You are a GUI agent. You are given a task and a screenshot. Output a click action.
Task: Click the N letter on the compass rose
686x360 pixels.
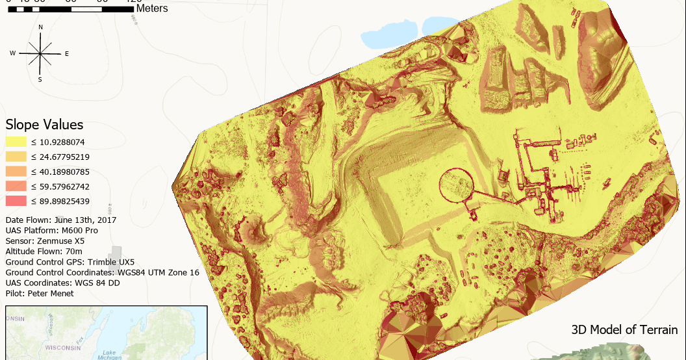point(41,27)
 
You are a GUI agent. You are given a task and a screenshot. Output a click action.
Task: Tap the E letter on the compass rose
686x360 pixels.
point(66,54)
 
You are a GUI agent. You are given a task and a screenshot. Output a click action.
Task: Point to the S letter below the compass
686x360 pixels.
point(40,80)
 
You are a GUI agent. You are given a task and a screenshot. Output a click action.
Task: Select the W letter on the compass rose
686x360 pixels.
point(12,53)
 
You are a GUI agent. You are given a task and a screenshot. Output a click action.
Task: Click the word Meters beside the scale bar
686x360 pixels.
point(152,8)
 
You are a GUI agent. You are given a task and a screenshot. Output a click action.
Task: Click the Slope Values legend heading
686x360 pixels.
point(44,125)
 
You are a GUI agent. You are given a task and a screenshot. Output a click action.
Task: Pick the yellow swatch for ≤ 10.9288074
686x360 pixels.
point(15,142)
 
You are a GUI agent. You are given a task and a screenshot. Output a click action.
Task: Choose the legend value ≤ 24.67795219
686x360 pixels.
point(60,157)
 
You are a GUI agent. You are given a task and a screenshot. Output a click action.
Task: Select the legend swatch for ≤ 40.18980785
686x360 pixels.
point(15,172)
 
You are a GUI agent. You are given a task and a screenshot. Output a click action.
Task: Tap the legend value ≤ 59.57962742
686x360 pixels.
point(60,186)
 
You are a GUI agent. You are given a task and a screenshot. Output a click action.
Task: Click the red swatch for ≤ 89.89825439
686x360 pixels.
point(15,201)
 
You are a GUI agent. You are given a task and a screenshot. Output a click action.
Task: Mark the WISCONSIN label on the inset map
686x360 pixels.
point(62,348)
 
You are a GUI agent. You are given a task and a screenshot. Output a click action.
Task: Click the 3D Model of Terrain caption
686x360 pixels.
point(624,329)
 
